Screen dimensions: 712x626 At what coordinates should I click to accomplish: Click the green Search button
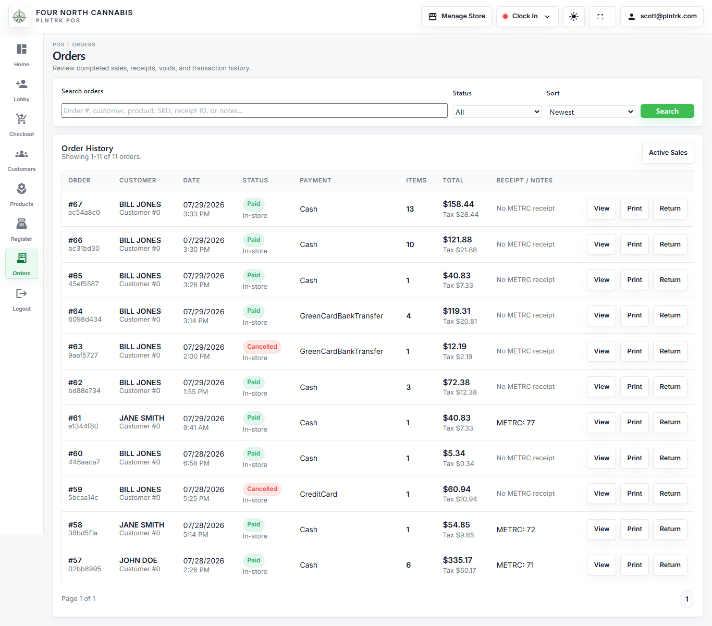pos(667,111)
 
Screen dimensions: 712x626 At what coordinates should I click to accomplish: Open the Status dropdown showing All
pos(497,112)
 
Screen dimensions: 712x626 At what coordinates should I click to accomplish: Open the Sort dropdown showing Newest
pos(591,112)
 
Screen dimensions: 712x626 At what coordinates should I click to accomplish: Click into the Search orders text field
pos(254,111)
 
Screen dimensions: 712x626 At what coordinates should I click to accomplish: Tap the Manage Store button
pos(457,16)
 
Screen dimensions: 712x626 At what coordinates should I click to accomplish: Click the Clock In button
pos(527,16)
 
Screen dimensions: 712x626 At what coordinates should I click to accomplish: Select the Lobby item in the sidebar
pos(21,90)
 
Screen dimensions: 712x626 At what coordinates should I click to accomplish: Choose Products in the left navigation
pos(21,195)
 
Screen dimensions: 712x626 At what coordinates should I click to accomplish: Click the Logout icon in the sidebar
pos(21,293)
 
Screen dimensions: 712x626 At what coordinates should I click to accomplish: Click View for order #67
pos(601,208)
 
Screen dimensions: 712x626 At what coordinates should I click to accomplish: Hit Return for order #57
pos(670,565)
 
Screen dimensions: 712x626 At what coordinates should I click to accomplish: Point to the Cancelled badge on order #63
pos(262,347)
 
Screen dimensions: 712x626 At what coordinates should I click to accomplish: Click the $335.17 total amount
pos(458,560)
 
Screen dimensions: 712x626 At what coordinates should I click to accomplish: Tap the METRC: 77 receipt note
pos(515,423)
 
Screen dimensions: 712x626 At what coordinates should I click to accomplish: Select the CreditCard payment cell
pos(318,494)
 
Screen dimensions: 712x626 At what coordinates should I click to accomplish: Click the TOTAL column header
pos(453,180)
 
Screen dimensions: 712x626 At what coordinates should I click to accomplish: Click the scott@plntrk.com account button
pos(662,16)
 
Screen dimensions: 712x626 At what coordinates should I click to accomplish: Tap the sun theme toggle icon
pos(573,16)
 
